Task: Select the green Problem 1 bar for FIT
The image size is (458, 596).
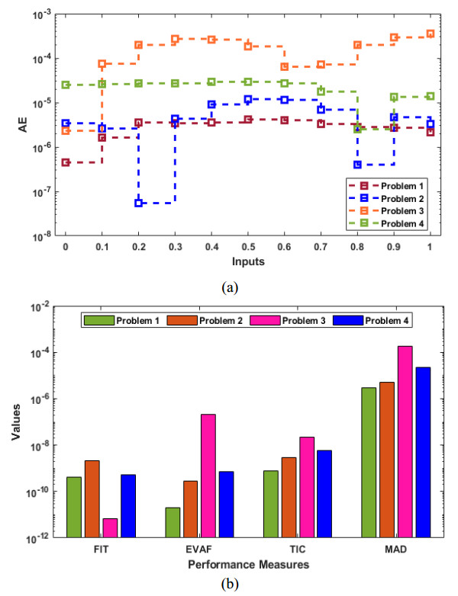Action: click(x=74, y=507)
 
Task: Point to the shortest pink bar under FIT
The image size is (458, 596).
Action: click(x=111, y=527)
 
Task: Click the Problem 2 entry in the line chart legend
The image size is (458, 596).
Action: click(x=386, y=197)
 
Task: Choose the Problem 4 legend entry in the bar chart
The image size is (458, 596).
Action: click(x=385, y=320)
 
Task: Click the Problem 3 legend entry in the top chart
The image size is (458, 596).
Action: click(x=386, y=210)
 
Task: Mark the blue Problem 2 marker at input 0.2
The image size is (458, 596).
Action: click(x=139, y=203)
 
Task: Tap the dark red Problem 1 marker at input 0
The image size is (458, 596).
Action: click(x=66, y=162)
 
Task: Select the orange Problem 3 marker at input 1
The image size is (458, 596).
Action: click(x=431, y=34)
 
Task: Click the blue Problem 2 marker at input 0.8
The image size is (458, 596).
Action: click(x=357, y=165)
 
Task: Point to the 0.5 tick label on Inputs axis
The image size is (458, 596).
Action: click(x=248, y=249)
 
